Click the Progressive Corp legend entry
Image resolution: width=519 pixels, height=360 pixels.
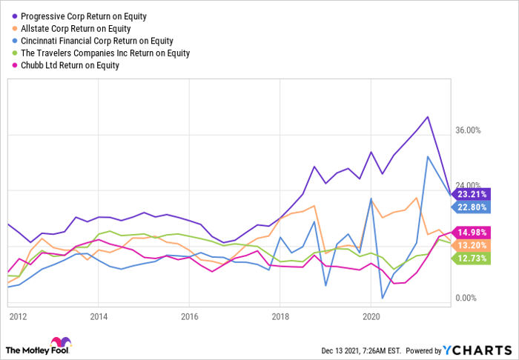point(80,16)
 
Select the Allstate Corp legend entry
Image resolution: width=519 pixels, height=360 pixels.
point(72,28)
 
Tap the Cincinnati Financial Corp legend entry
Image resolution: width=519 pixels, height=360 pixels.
point(93,41)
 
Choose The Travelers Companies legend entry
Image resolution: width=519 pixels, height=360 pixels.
point(102,53)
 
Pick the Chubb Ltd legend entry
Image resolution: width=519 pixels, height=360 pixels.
point(66,65)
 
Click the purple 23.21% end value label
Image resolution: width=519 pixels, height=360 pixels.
point(471,194)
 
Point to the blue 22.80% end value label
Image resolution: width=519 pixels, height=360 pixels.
point(471,207)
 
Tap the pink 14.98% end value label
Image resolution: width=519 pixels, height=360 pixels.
point(471,233)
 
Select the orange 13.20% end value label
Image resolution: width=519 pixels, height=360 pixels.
point(471,245)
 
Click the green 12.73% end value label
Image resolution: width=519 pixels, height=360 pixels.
point(471,259)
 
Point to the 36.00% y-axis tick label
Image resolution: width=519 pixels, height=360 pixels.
point(468,130)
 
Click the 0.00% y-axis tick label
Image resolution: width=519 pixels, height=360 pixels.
point(466,299)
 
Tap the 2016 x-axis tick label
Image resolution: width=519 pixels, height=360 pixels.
point(189,317)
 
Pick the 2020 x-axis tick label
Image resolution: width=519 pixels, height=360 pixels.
point(371,317)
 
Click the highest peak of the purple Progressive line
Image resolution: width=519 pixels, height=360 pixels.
point(428,117)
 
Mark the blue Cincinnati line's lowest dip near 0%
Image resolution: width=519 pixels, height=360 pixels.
point(383,299)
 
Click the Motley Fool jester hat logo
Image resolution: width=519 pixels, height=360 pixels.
point(61,341)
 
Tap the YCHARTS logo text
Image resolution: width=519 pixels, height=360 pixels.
point(477,350)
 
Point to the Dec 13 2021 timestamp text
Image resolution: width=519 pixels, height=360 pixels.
point(361,350)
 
